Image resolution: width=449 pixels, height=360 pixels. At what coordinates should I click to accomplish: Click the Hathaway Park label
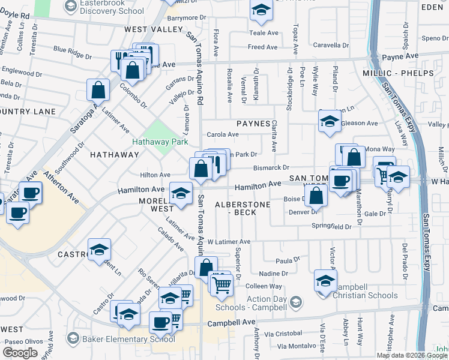pos(160,142)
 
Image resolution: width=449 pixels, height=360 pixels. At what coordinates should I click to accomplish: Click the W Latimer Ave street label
pos(229,242)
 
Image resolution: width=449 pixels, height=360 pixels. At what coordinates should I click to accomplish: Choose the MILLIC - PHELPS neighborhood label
pos(397,73)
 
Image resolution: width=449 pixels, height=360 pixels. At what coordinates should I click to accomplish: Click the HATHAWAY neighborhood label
pos(114,154)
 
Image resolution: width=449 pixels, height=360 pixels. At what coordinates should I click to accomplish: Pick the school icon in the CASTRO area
pos(100,250)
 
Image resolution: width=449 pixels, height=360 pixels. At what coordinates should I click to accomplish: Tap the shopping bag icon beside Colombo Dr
pos(98,90)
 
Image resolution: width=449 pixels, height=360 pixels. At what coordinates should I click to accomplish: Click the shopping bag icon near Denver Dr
pos(316,194)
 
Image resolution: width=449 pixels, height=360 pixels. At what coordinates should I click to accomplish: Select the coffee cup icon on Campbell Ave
pos(160,322)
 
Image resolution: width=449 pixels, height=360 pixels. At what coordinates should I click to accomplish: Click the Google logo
pos(20,353)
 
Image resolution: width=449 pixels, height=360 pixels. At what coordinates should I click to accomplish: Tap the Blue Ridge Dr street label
pos(72,53)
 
